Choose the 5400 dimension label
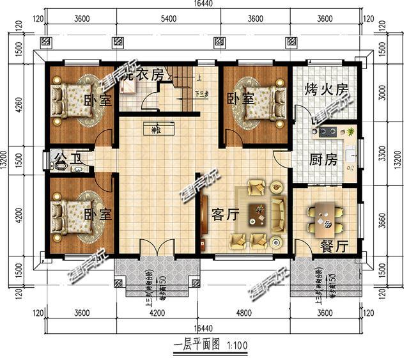point(167,19)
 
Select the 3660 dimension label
point(382,221)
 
